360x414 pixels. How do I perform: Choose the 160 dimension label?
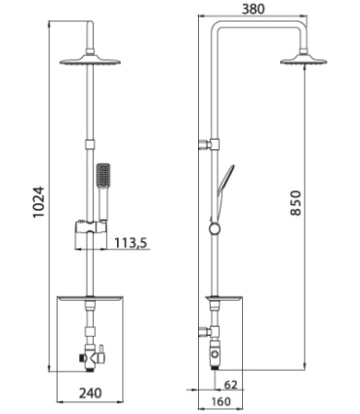pos(219,401)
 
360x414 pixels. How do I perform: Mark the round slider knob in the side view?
pos(215,227)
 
